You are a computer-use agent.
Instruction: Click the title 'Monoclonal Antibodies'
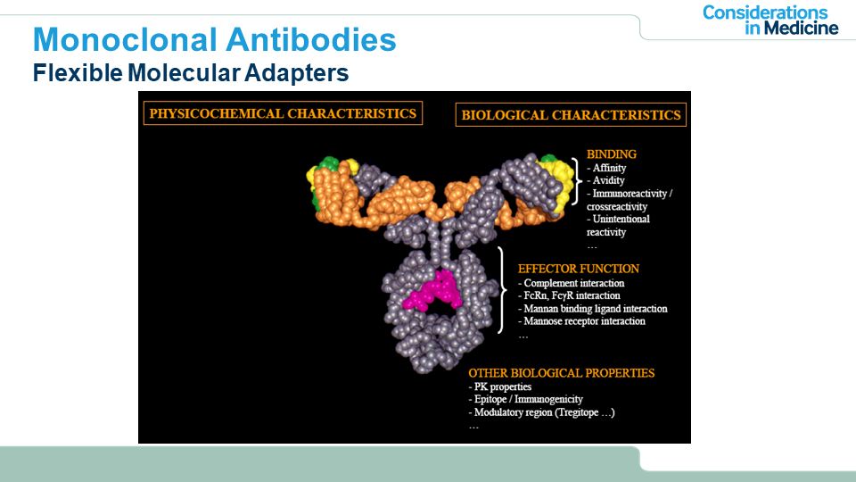coord(215,40)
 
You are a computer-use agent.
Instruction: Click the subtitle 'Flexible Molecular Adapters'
coord(191,72)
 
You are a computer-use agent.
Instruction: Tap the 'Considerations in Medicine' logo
coord(770,21)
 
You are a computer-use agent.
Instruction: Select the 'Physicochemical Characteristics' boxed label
coord(283,113)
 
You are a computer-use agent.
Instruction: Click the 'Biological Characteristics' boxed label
coord(571,115)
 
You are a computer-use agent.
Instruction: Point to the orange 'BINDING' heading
coord(612,154)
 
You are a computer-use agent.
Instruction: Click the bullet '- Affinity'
coord(606,168)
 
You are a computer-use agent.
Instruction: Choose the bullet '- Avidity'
coord(605,180)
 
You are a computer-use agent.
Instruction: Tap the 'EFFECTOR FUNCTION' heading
coord(579,269)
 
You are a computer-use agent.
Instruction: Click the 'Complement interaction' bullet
coord(571,283)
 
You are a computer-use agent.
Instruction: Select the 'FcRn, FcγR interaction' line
coord(569,295)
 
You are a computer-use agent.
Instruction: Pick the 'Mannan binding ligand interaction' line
coord(592,309)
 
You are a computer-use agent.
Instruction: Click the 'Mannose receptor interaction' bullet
coord(581,321)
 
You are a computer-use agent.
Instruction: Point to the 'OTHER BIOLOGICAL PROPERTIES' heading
coord(561,373)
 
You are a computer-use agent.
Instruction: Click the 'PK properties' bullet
coord(499,386)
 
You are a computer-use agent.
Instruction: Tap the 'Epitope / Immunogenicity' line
coord(525,400)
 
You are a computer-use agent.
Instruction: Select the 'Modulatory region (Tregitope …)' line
coord(541,412)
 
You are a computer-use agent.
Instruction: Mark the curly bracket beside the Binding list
coord(577,181)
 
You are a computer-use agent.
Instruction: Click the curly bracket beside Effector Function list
coord(503,289)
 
